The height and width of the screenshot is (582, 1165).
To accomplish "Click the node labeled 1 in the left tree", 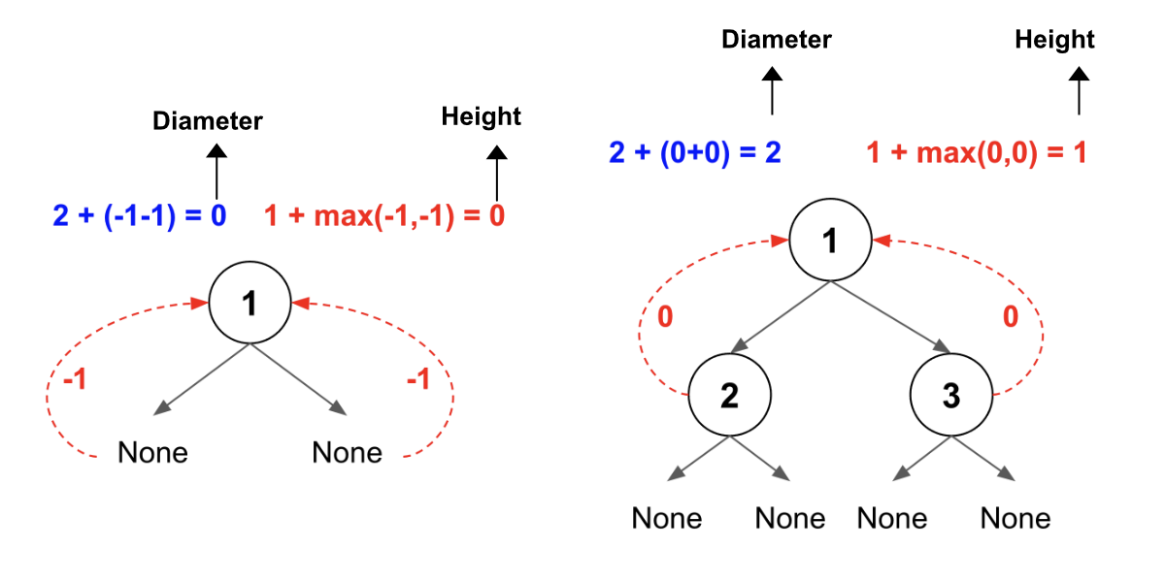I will [x=250, y=304].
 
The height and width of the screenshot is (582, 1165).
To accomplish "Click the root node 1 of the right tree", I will [x=829, y=242].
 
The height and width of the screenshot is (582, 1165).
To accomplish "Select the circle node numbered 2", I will [x=729, y=397].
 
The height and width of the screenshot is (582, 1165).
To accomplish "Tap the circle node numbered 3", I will [x=951, y=397].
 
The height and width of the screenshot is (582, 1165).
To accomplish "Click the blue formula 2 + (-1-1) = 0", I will [x=139, y=215].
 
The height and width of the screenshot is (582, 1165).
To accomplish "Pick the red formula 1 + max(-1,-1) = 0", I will [x=384, y=215].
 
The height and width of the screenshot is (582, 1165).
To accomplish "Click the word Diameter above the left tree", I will [x=208, y=121].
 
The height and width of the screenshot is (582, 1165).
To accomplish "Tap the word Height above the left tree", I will [x=481, y=117].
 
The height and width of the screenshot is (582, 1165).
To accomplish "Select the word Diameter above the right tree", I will [x=776, y=40].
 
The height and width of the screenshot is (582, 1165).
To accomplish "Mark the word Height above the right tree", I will [x=1054, y=40].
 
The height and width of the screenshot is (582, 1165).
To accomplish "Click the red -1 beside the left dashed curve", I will [x=75, y=379].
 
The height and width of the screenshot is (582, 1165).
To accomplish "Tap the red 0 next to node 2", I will [x=664, y=317].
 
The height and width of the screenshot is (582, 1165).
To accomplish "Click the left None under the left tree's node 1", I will [x=152, y=452].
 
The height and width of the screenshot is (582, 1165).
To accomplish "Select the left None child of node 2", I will [x=667, y=518].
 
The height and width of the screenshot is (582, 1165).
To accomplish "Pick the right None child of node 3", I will [x=1015, y=518].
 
